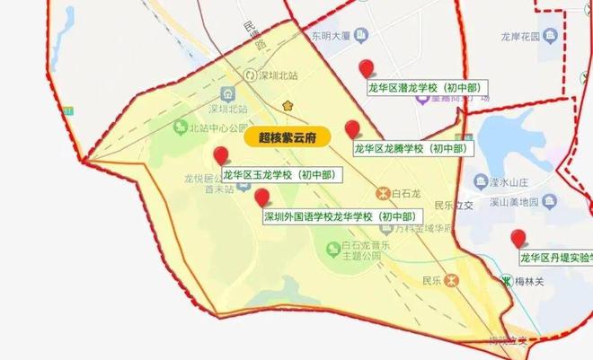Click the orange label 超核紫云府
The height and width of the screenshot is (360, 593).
275,137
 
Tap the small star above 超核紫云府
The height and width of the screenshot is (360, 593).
288,106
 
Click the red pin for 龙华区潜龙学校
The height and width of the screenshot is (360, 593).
366,68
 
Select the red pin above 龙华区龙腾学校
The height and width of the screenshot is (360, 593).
353,129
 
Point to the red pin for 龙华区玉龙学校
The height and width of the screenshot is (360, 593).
221,156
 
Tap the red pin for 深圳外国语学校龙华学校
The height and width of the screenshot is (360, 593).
261,198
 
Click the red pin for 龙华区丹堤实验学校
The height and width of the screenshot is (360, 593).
518,239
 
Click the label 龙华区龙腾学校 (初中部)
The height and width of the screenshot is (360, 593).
410,148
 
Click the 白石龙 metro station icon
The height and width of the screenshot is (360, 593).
382,192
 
